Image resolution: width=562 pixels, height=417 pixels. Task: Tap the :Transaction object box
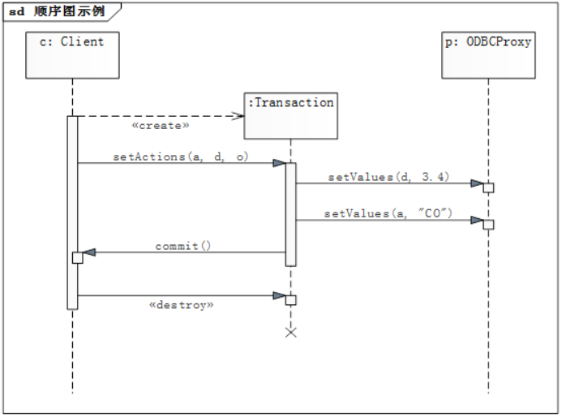[x=290, y=114]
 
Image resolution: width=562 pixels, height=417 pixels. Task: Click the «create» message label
[x=161, y=126]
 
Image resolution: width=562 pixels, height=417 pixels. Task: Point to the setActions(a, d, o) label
[x=180, y=157]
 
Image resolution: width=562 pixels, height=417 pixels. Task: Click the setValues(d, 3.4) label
[x=388, y=176]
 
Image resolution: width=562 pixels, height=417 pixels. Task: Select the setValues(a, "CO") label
[x=388, y=213]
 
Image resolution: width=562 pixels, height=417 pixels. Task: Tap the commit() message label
[x=183, y=245]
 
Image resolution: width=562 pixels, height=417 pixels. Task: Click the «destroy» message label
[x=182, y=305]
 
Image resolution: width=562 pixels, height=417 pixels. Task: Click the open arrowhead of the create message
[x=238, y=116]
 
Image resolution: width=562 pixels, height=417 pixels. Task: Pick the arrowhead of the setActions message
[x=278, y=163]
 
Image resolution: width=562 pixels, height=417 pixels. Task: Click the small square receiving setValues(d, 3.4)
[x=488, y=187]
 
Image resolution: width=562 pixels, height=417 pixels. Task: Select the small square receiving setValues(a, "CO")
[x=488, y=224]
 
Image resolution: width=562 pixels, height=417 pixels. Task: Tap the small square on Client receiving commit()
[x=78, y=257]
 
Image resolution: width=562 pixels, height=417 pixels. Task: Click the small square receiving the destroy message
[x=291, y=299]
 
